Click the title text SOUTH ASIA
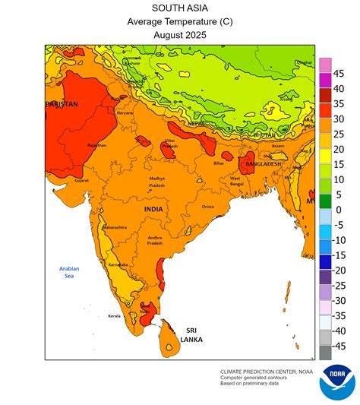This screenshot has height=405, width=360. pos(179,8)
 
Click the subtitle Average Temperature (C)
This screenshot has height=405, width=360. pos(179,21)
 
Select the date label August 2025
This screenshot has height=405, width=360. pos(179,34)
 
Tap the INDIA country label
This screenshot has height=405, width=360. pos(154,208)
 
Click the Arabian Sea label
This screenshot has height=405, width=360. pos(71,272)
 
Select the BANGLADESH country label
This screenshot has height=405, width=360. pos(263,163)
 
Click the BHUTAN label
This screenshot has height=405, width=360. pos(263,134)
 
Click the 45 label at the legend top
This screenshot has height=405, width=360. pos(339,74)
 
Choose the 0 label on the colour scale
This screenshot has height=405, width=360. pos(339,210)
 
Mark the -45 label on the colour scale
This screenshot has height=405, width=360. pos(339,346)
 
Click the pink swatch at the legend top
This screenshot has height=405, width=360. pos(324,65)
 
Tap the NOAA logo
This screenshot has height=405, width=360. pos(336,382)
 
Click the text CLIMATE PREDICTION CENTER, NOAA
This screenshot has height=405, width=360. pos(266,371)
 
